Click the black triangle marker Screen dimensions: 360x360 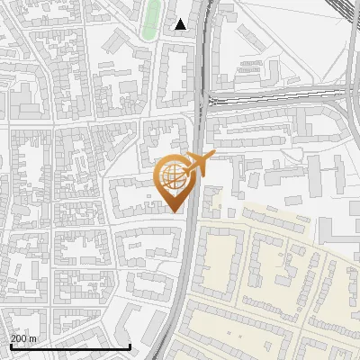(x=181, y=24)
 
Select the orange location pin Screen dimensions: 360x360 (x=175, y=180)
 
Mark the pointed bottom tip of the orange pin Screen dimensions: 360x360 (x=175, y=212)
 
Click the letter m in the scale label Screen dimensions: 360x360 (x=34, y=338)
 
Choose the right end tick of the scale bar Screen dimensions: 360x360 (x=131, y=346)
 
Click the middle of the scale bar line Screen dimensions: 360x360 (x=70, y=346)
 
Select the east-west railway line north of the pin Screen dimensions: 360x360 (x=270, y=94)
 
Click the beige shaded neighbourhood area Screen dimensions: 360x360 (x=270, y=270)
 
